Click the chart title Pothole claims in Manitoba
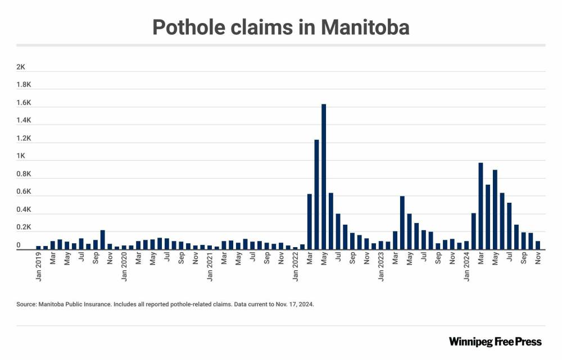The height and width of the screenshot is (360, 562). pyautogui.click(x=281, y=27)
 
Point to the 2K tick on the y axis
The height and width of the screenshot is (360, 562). pyautogui.click(x=21, y=67)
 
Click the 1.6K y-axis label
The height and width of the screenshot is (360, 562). pyautogui.click(x=24, y=103)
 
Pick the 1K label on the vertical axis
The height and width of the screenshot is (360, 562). pyautogui.click(x=21, y=156)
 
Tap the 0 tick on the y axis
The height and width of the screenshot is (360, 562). pyautogui.click(x=19, y=245)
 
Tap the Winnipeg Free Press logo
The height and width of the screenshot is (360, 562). pyautogui.click(x=495, y=341)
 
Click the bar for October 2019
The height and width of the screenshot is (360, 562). pyautogui.click(x=103, y=239)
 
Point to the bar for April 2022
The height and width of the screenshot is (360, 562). pyautogui.click(x=316, y=194)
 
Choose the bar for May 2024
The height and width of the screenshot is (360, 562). pyautogui.click(x=495, y=209)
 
